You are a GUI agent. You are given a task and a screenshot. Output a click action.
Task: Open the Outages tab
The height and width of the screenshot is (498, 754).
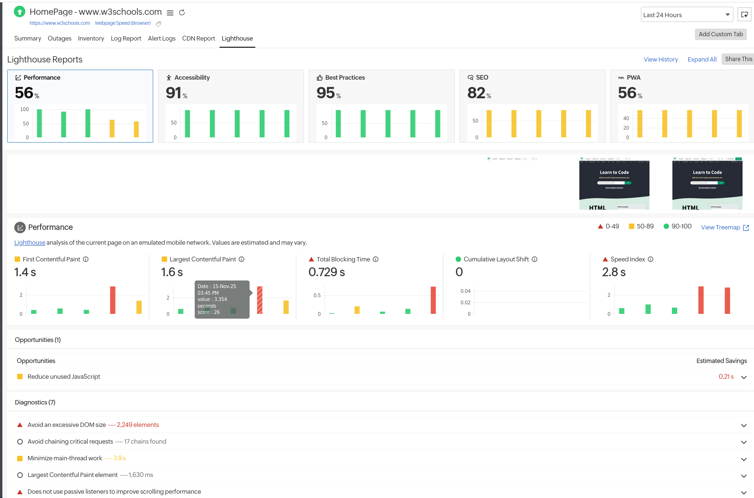(59, 39)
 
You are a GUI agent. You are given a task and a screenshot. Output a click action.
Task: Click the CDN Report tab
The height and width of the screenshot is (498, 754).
(199, 39)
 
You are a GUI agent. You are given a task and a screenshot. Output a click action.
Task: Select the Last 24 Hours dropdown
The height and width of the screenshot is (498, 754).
(686, 15)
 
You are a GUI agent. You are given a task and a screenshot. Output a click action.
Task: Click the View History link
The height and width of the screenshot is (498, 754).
(660, 60)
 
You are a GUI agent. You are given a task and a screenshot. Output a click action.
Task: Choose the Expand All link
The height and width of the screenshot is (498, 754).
(702, 60)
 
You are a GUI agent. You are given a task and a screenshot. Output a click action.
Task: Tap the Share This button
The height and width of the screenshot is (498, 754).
(738, 59)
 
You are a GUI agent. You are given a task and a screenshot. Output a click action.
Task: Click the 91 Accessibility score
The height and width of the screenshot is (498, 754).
(174, 93)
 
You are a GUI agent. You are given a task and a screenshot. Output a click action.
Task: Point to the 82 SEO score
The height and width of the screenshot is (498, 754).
(476, 93)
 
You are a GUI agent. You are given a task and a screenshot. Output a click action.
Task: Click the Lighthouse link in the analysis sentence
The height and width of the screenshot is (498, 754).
(30, 243)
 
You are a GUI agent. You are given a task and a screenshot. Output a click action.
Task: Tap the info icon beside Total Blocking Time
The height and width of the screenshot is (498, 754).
(376, 259)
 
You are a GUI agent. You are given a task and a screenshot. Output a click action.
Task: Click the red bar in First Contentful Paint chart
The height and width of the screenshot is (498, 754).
(113, 300)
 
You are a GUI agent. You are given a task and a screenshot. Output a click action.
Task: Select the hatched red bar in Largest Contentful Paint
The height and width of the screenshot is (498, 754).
(260, 300)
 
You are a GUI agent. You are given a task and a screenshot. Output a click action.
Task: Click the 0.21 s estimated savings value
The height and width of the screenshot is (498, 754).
(726, 377)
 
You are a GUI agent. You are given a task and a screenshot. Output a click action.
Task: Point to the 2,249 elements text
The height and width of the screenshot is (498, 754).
(137, 425)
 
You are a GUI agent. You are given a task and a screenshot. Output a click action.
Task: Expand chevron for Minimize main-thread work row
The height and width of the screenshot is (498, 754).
(744, 459)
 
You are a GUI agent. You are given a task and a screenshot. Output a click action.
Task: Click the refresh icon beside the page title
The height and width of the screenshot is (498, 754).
(182, 12)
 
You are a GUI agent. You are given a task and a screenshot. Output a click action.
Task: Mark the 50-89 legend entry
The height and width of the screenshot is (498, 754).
(641, 227)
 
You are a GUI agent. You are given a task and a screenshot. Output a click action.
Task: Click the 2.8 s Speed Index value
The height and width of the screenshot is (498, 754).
(613, 272)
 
